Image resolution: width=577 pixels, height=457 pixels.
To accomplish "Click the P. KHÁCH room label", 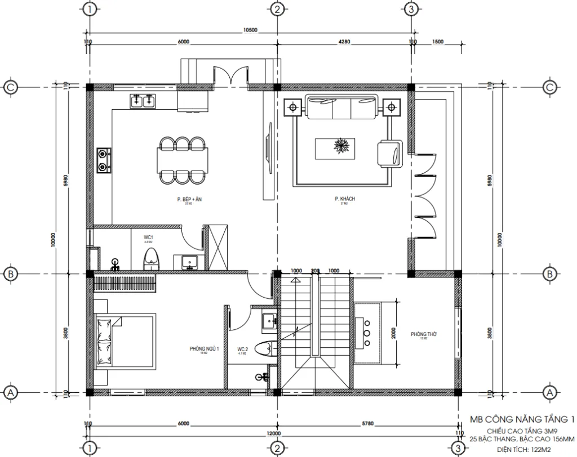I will click(344, 199).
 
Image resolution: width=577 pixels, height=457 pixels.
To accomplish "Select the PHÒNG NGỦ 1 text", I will click(203, 349).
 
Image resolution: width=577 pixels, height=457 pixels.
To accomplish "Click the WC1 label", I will click(149, 238).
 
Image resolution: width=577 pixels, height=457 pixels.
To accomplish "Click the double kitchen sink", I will click(143, 102).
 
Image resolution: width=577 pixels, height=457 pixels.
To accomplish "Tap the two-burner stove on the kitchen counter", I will click(104, 159).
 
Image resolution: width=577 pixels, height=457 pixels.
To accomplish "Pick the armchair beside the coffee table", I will click(389, 153).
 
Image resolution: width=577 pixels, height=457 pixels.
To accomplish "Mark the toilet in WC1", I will click(150, 259).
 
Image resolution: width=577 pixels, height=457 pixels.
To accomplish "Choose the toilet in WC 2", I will click(263, 348).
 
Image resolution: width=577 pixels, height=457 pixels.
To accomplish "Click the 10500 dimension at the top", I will click(250, 30).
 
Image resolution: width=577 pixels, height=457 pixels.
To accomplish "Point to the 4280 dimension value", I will click(345, 42).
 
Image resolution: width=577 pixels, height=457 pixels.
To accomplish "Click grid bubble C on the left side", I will click(11, 87).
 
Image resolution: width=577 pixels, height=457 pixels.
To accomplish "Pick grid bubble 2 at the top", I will click(276, 10).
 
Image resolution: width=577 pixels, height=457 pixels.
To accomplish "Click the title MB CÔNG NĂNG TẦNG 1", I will click(522, 419).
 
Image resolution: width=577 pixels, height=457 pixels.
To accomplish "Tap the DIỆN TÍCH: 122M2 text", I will click(527, 449).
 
